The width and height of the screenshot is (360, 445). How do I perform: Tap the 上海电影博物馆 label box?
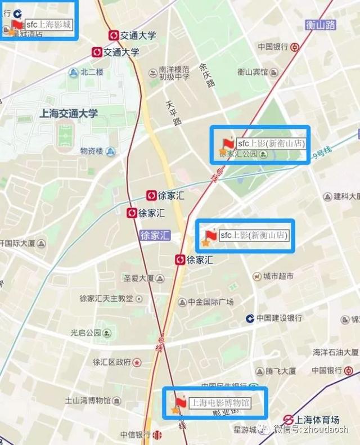pyautogui.click(x=220, y=403)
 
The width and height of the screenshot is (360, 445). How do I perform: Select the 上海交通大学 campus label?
pyautogui.click(x=69, y=113)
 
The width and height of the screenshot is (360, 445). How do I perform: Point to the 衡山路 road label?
pyautogui.click(x=321, y=24)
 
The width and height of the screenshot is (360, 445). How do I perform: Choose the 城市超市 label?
pyautogui.click(x=278, y=276)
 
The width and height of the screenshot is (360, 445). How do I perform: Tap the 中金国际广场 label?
pyautogui.click(x=210, y=302)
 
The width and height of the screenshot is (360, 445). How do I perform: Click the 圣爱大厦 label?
pyautogui.click(x=138, y=278)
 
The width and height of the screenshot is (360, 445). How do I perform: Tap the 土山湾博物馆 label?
pyautogui.click(x=88, y=401)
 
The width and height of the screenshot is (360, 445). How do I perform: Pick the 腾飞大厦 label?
pyautogui.click(x=281, y=371)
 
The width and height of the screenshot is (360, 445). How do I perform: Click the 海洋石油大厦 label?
pyautogui.click(x=336, y=352)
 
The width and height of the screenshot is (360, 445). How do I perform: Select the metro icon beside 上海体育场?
pyautogui.click(x=288, y=420)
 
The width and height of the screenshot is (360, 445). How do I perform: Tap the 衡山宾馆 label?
pyautogui.click(x=252, y=72)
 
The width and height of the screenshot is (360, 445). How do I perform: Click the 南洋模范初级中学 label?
pyautogui.click(x=174, y=73)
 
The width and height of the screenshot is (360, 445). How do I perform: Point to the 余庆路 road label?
pyautogui.click(x=206, y=75)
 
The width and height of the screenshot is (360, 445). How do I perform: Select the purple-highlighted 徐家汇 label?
pyautogui.click(x=154, y=236)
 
